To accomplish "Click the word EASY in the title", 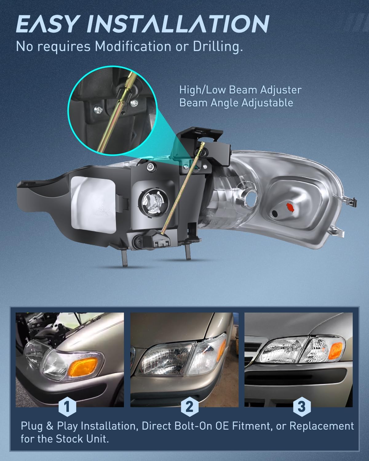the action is pos(47,24).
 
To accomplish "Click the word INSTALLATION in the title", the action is pos(178,24).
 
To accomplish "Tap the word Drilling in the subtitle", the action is pos(218,47).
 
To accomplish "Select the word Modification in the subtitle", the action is pos(133,46).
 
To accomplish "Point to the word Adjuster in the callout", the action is pos(281,90).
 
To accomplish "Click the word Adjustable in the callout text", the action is pos(267,103).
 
